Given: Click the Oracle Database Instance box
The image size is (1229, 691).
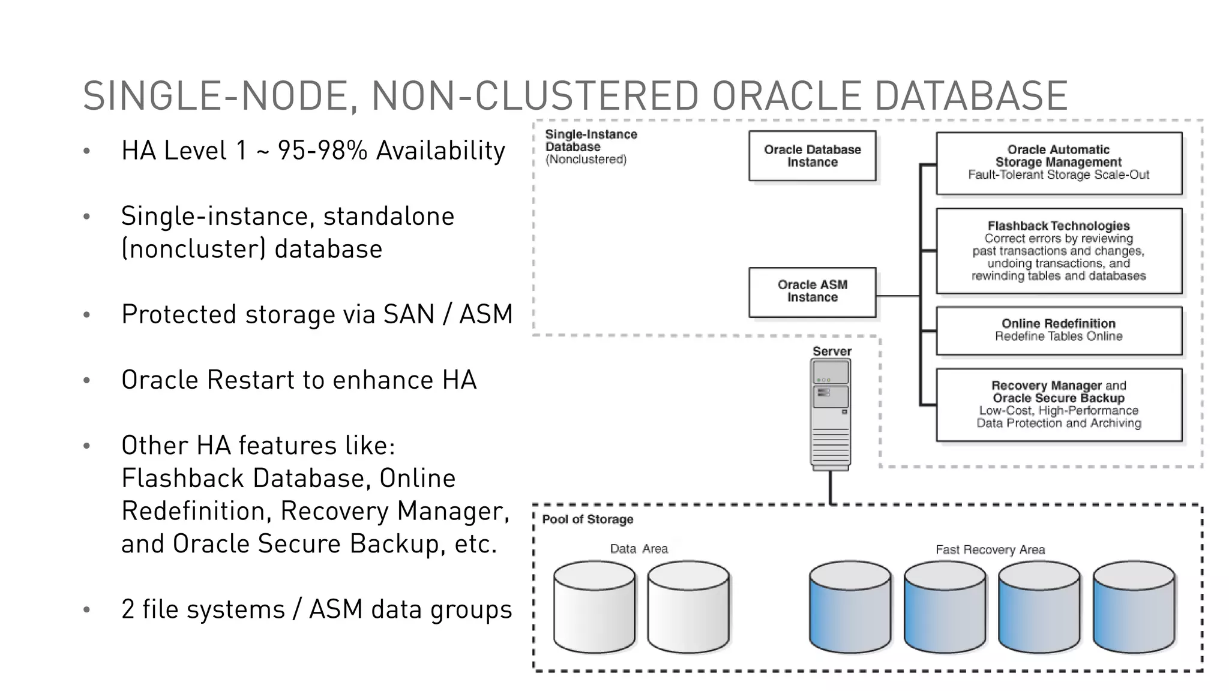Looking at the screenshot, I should (812, 156).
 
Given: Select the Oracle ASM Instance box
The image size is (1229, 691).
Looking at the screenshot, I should (812, 292).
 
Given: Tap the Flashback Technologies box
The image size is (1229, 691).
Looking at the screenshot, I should (1059, 251).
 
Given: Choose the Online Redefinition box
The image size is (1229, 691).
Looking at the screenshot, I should (1059, 331).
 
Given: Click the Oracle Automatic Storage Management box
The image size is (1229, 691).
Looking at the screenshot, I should (1059, 163).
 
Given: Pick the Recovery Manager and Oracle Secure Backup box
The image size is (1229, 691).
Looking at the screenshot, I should (1059, 405).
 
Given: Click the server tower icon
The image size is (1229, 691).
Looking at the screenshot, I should (831, 414).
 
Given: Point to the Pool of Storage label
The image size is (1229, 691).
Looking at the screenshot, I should (587, 519).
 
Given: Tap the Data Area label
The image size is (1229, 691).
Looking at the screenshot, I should (639, 549).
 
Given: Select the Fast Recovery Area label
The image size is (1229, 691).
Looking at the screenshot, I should (990, 549).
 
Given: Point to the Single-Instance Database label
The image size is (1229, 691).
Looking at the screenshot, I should (590, 141).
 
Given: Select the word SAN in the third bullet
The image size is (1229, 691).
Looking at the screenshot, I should (408, 314).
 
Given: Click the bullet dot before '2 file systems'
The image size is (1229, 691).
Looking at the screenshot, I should (87, 610).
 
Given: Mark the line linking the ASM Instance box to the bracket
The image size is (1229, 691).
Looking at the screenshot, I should (898, 296).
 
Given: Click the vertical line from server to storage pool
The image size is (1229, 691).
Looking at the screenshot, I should (831, 487).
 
